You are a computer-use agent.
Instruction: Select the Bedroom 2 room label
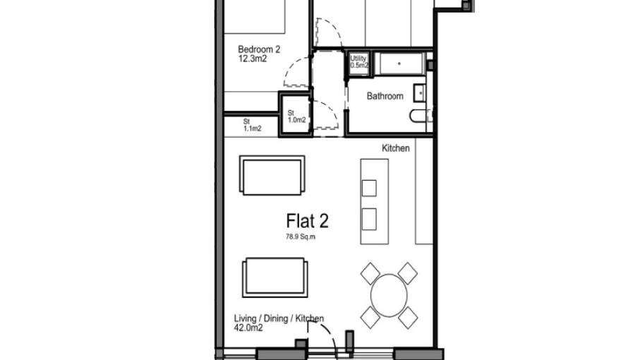click(x=259, y=49)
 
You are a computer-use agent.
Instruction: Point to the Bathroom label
click(x=385, y=96)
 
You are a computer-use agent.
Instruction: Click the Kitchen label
click(x=396, y=148)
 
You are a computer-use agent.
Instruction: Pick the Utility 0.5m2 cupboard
click(x=358, y=62)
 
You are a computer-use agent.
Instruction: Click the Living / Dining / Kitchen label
click(x=279, y=318)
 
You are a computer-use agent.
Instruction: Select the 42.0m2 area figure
click(x=245, y=328)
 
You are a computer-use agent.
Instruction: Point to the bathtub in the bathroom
click(x=399, y=64)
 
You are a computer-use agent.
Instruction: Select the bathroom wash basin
click(x=421, y=92)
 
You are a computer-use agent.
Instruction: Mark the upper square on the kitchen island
click(x=369, y=188)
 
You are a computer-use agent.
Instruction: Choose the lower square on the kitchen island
click(x=369, y=217)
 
